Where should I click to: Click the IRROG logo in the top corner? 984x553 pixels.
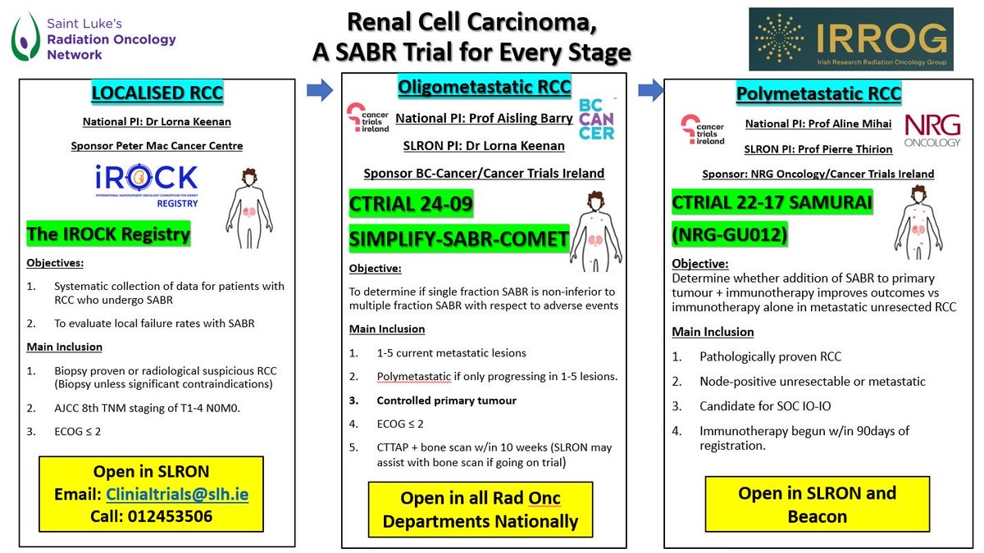pyautogui.click(x=850, y=39)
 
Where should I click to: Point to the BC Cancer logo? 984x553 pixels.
pyautogui.click(x=596, y=120)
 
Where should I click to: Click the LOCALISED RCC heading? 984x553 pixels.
pyautogui.click(x=157, y=93)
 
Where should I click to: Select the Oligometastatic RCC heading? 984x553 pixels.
pyautogui.click(x=484, y=86)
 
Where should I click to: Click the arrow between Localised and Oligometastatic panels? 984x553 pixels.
pyautogui.click(x=321, y=89)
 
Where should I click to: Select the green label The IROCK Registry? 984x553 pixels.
pyautogui.click(x=108, y=234)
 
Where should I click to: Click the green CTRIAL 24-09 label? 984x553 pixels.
pyautogui.click(x=412, y=205)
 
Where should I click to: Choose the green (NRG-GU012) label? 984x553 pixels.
pyautogui.click(x=729, y=236)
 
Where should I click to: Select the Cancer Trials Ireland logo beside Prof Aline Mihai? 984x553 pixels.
pyautogui.click(x=703, y=129)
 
